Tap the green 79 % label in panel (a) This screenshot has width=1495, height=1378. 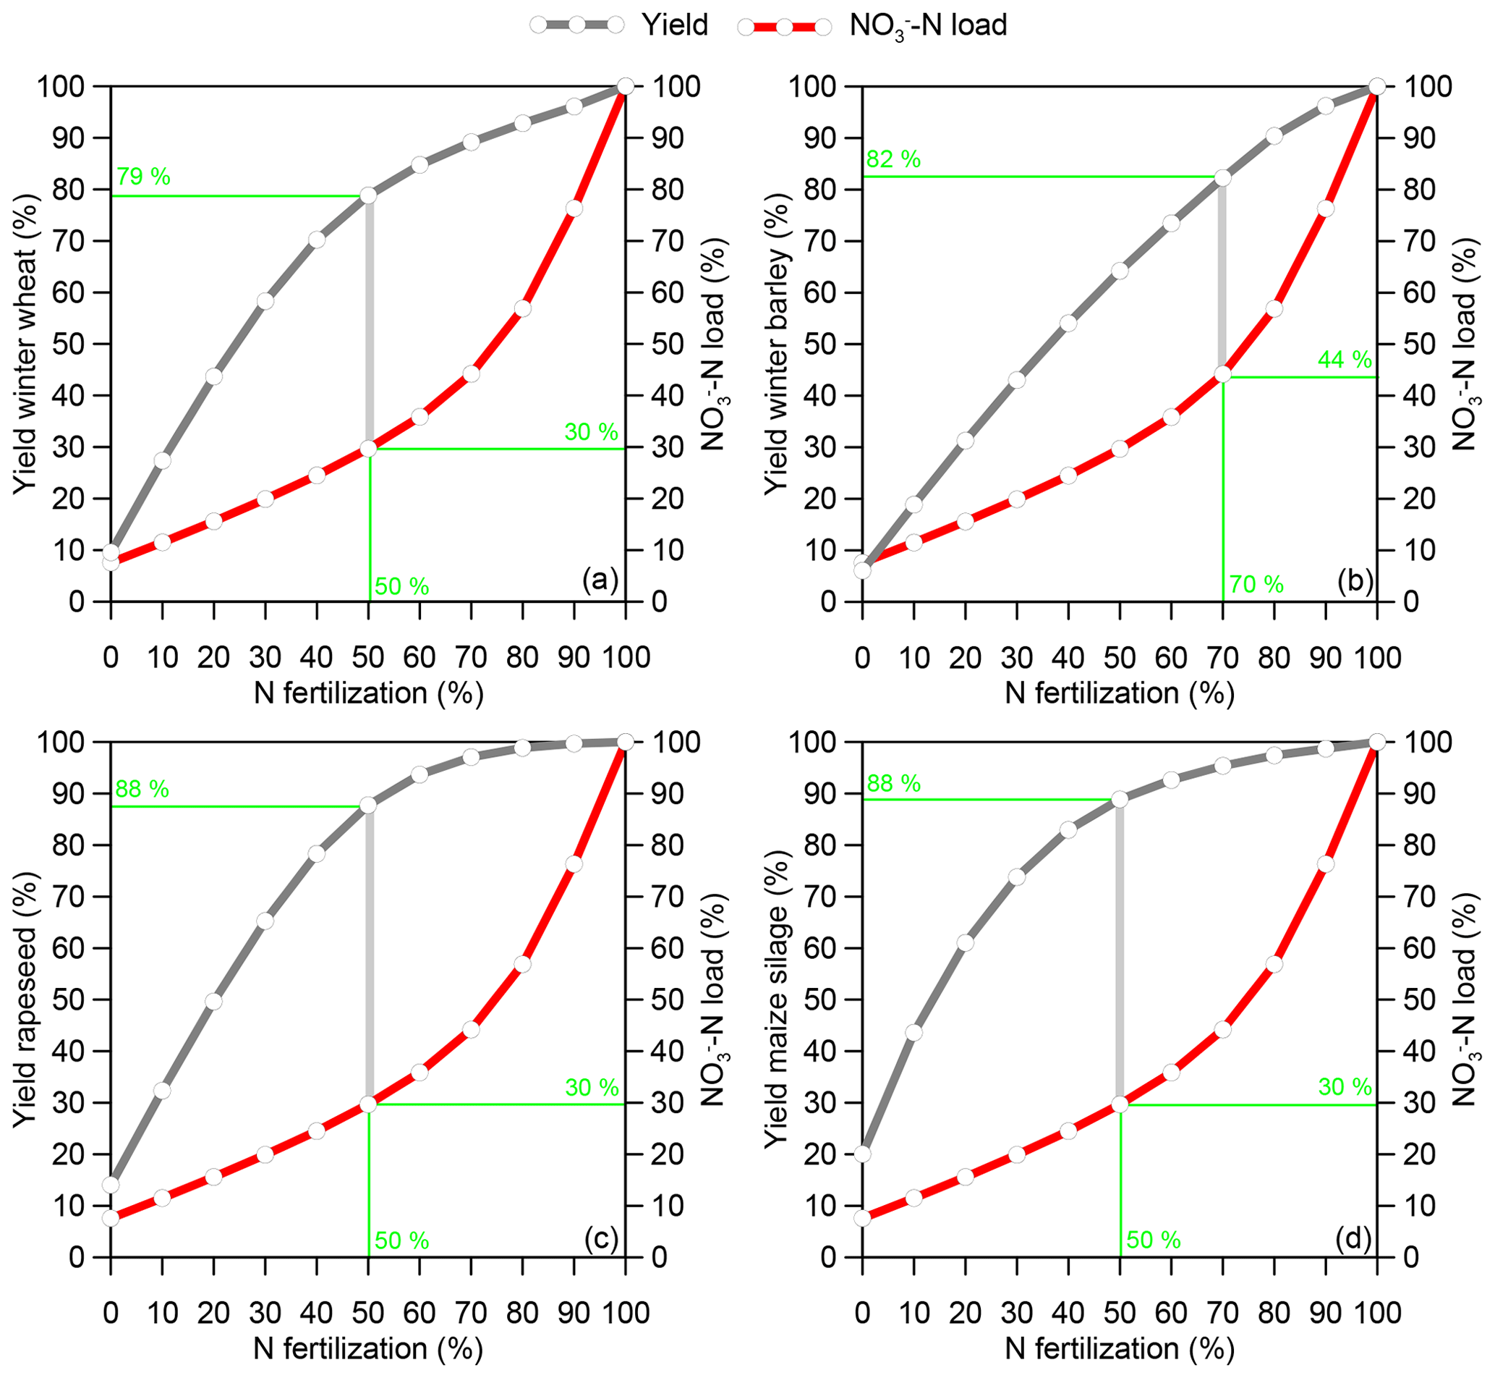(143, 177)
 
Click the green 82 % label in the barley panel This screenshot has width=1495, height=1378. (893, 158)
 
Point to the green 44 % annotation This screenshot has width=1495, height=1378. (1345, 360)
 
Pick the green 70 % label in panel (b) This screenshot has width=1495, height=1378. (1256, 585)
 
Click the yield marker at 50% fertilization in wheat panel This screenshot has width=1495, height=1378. (368, 195)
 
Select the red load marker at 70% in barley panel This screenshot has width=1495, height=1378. (1223, 374)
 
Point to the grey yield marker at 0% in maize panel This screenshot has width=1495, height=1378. (862, 1154)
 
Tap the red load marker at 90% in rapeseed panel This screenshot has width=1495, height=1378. (574, 864)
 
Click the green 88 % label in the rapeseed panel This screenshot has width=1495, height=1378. (142, 789)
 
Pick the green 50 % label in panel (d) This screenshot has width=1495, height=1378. (1154, 1240)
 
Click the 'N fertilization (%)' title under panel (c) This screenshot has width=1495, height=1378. (368, 1348)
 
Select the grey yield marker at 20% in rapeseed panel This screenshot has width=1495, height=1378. (214, 1002)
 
